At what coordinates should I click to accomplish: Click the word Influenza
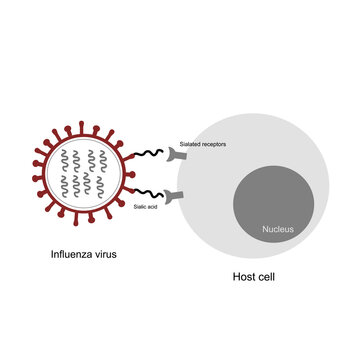click(74, 254)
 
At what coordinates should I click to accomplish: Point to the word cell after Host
click(266, 277)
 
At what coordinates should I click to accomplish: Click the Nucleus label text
click(279, 230)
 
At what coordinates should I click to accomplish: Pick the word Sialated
click(191, 144)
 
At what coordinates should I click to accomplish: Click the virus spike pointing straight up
click(83, 125)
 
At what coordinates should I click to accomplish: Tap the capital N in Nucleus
click(266, 230)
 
